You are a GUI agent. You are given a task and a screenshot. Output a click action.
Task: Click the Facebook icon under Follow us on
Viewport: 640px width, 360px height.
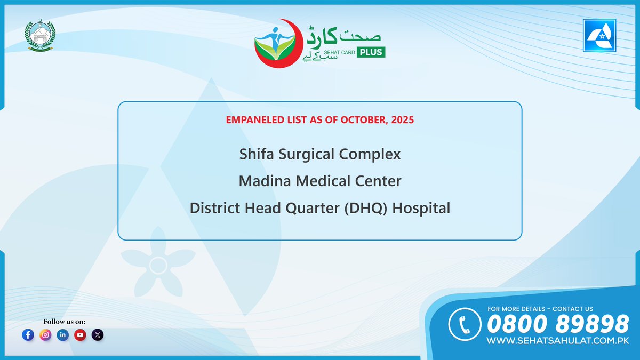click(x=28, y=335)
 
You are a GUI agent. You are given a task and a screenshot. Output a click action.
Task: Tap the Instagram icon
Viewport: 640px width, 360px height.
click(x=45, y=335)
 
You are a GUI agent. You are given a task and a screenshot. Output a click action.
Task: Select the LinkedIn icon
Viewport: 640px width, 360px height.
click(x=63, y=335)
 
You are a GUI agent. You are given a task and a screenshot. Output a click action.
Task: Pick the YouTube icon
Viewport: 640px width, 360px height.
click(x=81, y=335)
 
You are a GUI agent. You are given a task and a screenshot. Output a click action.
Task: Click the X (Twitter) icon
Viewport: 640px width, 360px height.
click(x=98, y=335)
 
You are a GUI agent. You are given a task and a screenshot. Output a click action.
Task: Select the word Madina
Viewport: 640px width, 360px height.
click(x=263, y=181)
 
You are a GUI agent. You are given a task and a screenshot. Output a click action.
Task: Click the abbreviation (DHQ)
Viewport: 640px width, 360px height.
click(x=366, y=208)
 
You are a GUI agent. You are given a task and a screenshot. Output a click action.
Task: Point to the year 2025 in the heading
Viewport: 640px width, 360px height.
click(x=402, y=120)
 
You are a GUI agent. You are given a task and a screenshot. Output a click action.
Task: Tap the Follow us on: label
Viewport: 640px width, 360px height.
click(x=64, y=321)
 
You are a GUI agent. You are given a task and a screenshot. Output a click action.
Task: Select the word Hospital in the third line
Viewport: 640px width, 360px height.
click(x=421, y=208)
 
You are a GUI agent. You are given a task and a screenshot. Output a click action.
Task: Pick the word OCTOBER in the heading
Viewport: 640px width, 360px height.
click(x=363, y=120)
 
